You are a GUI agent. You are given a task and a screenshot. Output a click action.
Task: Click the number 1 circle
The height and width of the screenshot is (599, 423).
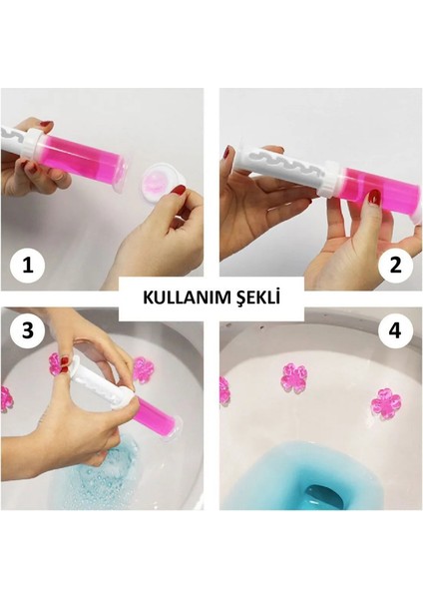[x=27, y=267]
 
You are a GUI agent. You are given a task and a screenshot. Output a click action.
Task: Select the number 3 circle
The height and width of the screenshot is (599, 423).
[x=27, y=330]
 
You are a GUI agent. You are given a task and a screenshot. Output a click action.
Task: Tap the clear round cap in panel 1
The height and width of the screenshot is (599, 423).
[x=159, y=183]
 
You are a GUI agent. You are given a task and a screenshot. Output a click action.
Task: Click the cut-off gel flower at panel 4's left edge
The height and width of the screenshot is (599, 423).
[x=223, y=390]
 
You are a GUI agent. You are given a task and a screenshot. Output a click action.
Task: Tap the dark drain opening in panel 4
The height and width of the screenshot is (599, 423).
[x=327, y=495]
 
